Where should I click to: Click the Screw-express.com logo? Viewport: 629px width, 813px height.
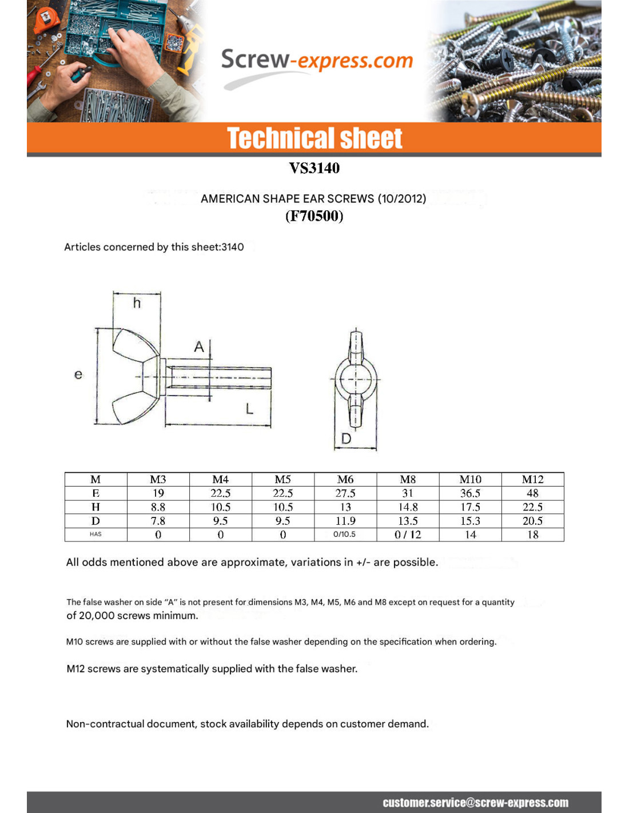coord(316,61)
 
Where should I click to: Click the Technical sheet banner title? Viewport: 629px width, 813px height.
coord(314,139)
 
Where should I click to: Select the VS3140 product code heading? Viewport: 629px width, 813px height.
coord(314,168)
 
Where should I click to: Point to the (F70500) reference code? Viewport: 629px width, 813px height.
coord(314,216)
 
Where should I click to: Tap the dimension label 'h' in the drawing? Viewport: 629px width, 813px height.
coord(137,303)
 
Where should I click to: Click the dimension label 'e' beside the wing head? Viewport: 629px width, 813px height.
coord(78,374)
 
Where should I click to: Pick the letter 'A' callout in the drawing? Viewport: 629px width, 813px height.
coord(199,346)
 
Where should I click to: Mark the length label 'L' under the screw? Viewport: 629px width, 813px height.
coord(249,409)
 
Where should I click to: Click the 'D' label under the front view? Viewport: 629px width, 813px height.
coord(346,439)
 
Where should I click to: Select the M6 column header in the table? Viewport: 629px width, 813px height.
coord(345,479)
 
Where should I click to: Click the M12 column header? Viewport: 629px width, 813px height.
coord(532,479)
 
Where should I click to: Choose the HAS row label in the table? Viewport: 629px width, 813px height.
coord(95,535)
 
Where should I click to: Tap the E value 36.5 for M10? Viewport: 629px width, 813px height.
coord(470,493)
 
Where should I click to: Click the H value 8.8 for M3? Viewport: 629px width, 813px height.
coord(158,507)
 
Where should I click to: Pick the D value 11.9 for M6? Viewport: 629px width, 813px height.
coord(345,521)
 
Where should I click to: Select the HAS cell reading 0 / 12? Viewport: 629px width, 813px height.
coord(408,535)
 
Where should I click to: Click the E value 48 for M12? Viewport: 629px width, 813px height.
coord(532,493)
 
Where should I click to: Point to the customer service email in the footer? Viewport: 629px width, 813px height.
coord(475,803)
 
